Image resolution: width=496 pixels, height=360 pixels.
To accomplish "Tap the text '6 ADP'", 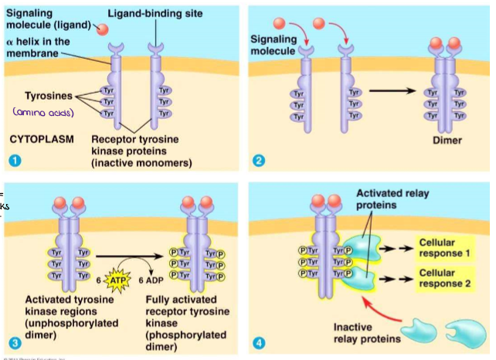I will (x=151, y=280).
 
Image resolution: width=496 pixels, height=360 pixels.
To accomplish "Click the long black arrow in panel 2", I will (x=395, y=91).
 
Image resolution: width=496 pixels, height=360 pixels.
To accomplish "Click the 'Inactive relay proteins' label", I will (x=365, y=333).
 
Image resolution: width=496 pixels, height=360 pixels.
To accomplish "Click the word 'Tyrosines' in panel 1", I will (x=48, y=96).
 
